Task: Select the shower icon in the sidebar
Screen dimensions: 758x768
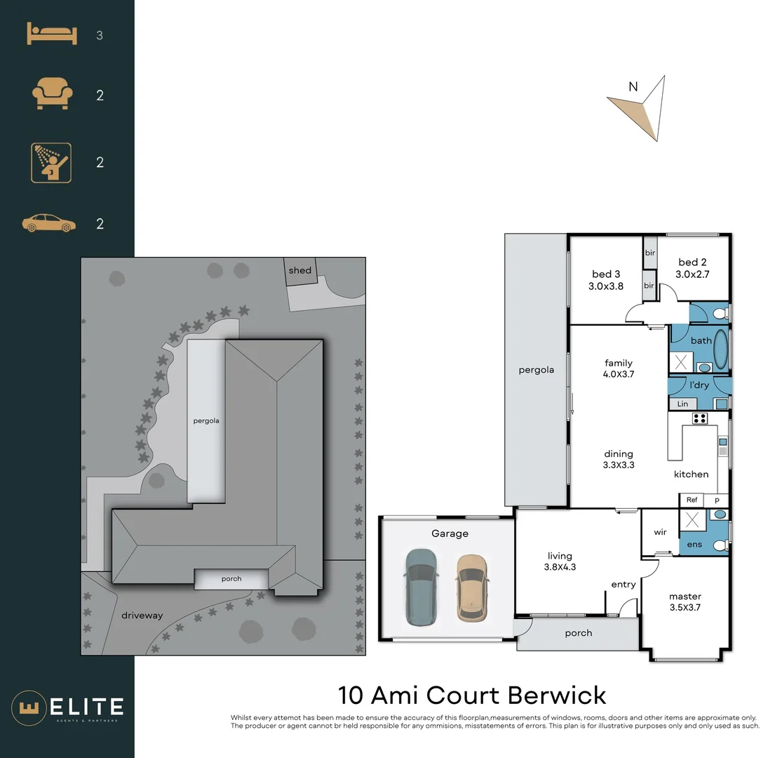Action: click(50, 162)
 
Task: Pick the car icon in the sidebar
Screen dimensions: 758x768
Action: click(48, 224)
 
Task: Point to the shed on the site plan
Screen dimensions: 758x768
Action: click(299, 271)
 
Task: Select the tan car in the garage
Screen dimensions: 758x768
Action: click(471, 587)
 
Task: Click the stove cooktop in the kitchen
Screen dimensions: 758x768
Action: click(699, 419)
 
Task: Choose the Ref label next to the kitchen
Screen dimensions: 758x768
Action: click(692, 500)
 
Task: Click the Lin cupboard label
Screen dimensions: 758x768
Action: click(682, 404)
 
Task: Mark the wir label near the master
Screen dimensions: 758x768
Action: click(660, 532)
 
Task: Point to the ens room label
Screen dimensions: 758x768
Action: click(694, 544)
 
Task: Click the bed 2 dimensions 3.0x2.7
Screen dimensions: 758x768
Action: click(692, 274)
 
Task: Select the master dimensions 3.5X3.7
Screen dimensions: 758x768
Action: click(685, 607)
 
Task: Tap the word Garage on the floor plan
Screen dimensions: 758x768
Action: click(450, 533)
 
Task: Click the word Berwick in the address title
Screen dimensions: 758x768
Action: click(557, 696)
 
